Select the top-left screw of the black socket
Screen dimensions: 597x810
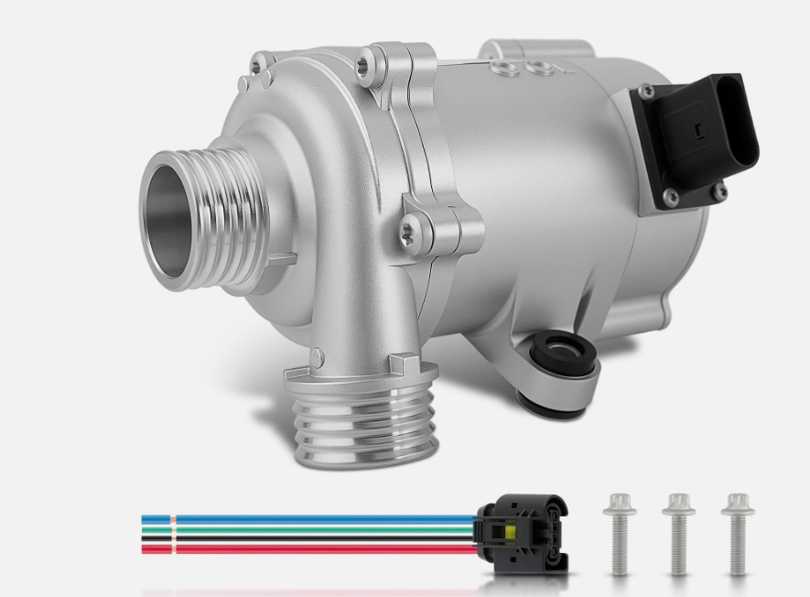(647, 92)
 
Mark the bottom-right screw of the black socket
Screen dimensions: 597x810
(719, 191)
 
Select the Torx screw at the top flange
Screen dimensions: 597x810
(367, 63)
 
